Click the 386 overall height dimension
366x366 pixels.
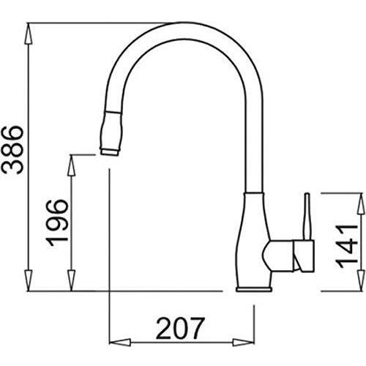click(x=12, y=149)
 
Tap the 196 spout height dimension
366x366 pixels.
click(x=56, y=223)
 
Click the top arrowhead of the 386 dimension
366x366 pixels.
click(x=29, y=34)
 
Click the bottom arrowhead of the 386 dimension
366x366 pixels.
click(x=29, y=280)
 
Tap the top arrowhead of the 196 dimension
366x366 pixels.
click(x=71, y=165)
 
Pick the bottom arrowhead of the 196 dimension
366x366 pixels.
click(x=71, y=280)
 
